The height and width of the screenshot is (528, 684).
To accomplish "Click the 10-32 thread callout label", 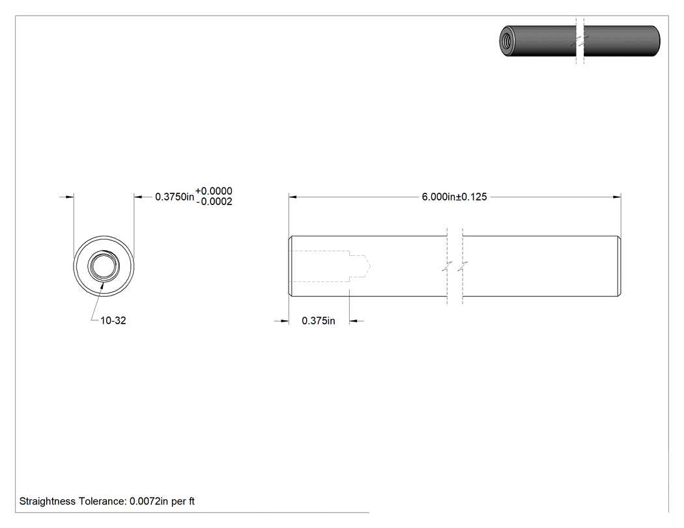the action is [x=113, y=320].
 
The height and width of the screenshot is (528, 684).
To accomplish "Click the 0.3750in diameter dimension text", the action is [x=175, y=197].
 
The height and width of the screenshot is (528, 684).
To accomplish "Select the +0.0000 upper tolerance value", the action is [x=214, y=191].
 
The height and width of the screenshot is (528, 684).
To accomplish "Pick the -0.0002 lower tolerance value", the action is [x=214, y=202].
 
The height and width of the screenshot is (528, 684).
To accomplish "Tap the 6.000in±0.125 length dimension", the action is [x=454, y=197].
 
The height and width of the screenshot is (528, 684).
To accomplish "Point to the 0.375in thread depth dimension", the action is [x=319, y=321].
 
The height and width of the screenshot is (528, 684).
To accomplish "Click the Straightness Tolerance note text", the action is [x=107, y=501].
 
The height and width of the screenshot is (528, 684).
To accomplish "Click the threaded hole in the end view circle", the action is [x=104, y=266].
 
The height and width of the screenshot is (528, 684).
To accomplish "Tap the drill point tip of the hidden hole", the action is [x=370, y=266].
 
